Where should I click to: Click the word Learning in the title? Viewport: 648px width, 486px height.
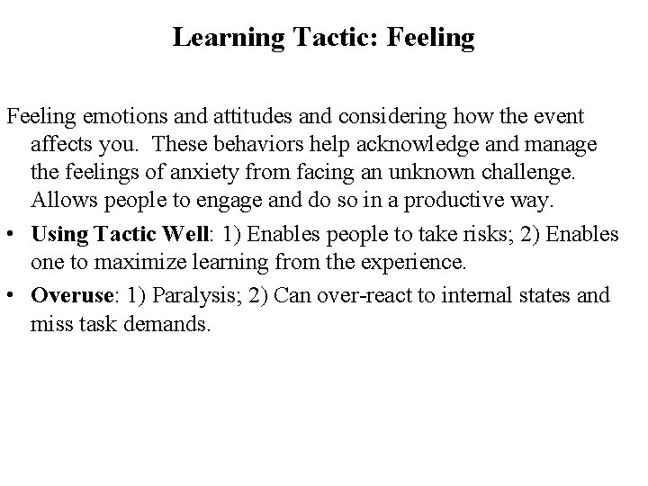pyautogui.click(x=212, y=38)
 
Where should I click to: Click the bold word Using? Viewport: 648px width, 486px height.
pyautogui.click(x=57, y=234)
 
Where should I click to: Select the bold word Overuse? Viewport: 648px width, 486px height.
pyautogui.click(x=68, y=294)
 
